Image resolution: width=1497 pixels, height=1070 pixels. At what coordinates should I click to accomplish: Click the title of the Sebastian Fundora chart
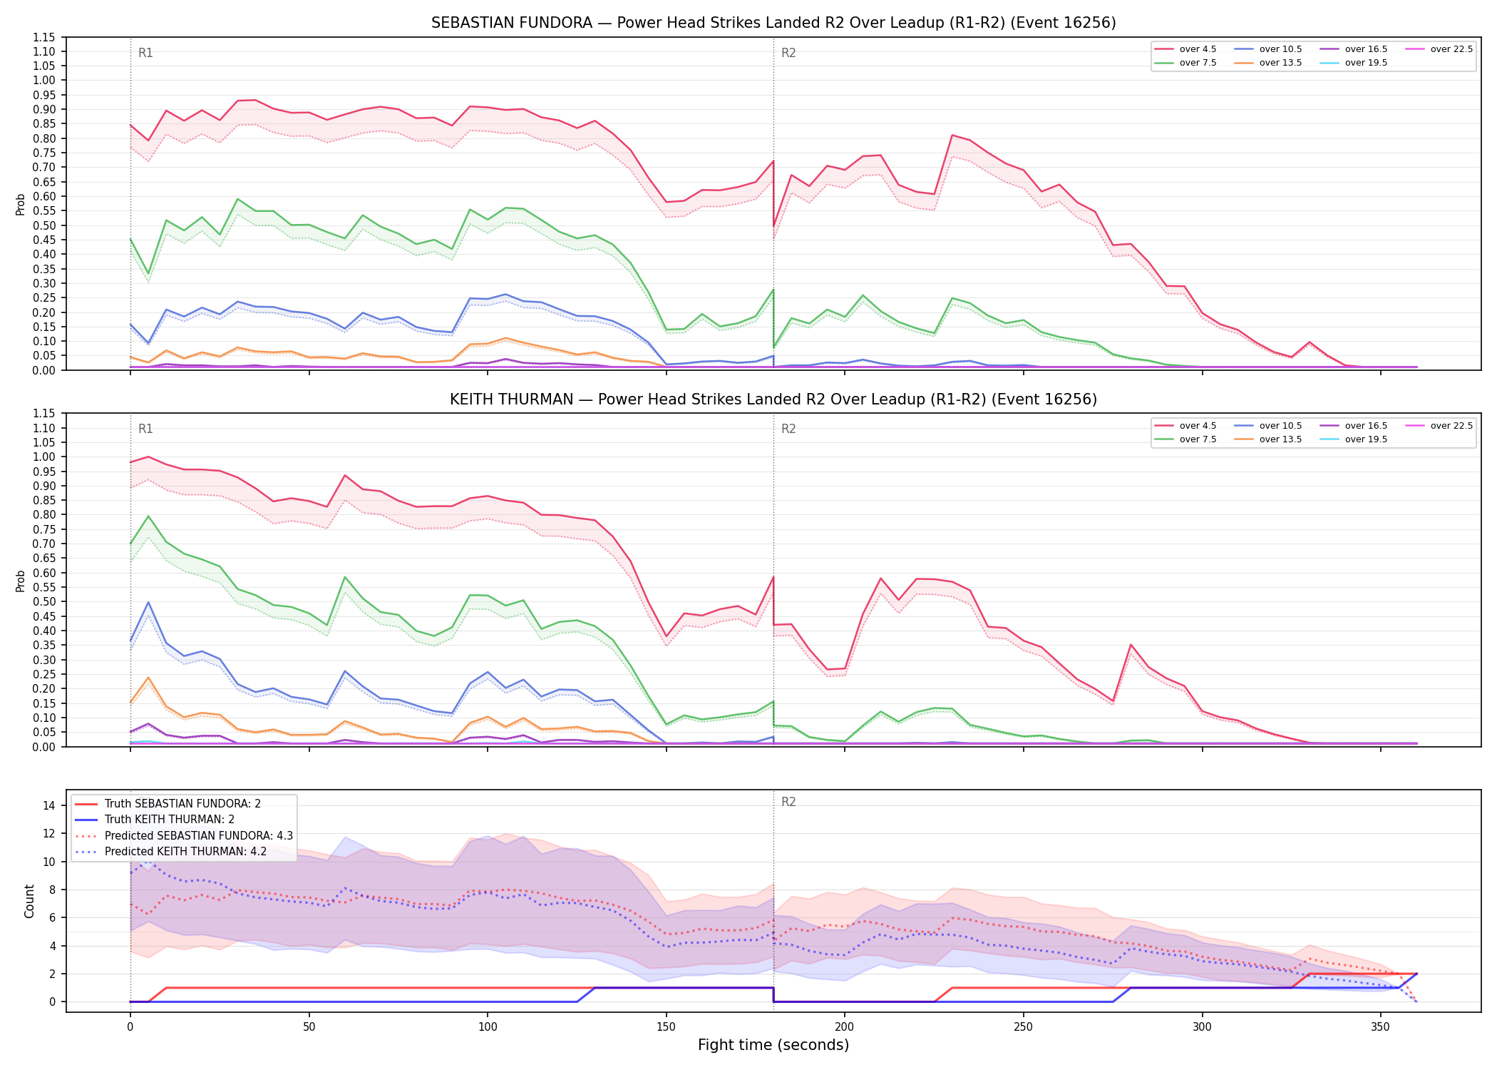coord(773,23)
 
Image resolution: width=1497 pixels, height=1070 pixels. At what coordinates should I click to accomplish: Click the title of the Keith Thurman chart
coord(773,399)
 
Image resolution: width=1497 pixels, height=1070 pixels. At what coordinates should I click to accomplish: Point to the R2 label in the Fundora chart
coord(788,53)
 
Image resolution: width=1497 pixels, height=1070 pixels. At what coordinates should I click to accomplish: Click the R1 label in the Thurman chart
coord(145,429)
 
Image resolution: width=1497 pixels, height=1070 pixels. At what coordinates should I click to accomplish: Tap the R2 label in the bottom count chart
coord(788,802)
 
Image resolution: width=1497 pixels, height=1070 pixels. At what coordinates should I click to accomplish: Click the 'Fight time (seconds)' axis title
coord(773,1045)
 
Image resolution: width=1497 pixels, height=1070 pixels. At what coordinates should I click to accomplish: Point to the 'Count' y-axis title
coord(29,901)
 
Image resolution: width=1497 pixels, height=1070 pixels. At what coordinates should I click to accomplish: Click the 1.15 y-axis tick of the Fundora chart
coord(43,37)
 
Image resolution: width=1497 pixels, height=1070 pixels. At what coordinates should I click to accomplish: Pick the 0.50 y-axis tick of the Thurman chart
coord(43,602)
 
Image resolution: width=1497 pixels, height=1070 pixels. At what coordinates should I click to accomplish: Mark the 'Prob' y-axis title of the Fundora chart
coord(21,204)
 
